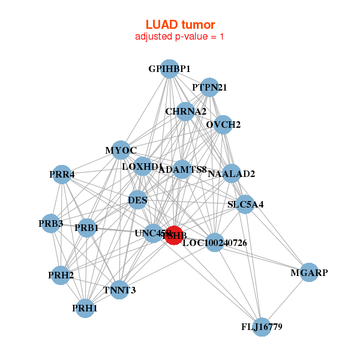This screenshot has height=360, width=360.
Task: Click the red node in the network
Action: coord(174,235)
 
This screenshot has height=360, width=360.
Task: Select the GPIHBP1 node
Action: coord(170,69)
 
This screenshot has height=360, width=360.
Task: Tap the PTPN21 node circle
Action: coord(209,88)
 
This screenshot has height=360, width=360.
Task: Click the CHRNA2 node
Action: coord(185,111)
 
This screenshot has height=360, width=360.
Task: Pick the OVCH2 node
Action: coord(223,125)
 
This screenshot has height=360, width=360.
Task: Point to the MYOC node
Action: coord(121,150)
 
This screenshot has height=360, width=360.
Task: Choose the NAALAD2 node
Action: coord(232,174)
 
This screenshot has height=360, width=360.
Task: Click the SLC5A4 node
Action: coord(245,204)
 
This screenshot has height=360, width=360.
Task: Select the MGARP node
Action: coord(309,272)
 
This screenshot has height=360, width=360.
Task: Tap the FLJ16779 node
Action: coord(261,327)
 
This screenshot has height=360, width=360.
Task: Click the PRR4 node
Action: coord(62,175)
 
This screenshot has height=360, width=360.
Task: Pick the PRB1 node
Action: coord(87,228)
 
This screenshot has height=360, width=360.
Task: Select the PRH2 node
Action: coord(61,275)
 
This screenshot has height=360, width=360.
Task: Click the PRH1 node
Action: coord(85,308)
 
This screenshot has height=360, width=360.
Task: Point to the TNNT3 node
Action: coord(119,290)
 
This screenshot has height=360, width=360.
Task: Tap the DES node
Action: coord(138,200)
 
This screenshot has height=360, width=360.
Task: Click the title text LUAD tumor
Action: coord(180,25)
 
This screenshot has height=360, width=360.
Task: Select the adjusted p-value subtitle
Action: coord(180,37)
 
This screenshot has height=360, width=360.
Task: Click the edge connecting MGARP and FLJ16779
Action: coord(285,300)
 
